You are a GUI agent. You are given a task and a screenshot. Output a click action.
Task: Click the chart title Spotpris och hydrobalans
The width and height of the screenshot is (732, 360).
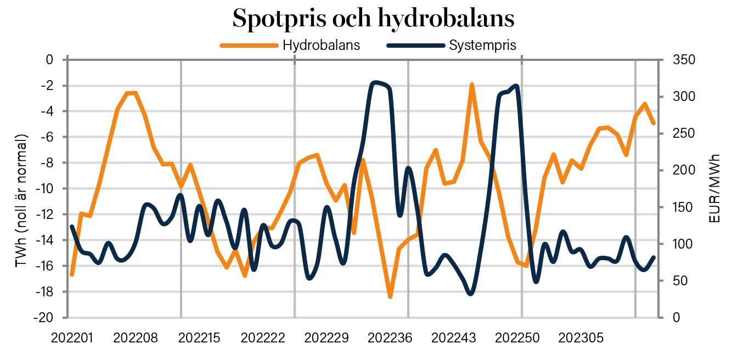(x=373, y=19)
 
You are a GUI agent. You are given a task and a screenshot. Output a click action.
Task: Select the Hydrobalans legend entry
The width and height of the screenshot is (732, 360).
(x=321, y=45)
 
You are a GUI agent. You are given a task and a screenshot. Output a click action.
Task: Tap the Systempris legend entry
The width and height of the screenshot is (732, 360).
(x=482, y=45)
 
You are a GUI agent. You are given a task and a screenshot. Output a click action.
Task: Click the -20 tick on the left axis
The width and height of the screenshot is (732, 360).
(x=44, y=318)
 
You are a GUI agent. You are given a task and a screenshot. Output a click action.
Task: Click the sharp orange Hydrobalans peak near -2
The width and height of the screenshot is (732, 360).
(x=471, y=85)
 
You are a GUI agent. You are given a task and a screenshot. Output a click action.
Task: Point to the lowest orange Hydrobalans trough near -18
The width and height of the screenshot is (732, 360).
(x=390, y=297)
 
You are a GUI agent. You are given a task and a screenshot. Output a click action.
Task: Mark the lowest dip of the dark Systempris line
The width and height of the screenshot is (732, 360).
(x=471, y=294)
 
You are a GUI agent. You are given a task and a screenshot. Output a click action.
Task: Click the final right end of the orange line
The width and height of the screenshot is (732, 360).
(x=654, y=123)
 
